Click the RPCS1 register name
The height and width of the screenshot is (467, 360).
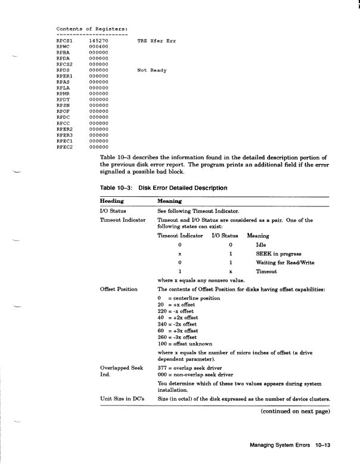tap(64, 41)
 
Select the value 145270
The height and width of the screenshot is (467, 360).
tap(98, 41)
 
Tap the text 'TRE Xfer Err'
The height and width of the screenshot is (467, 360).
tap(156, 41)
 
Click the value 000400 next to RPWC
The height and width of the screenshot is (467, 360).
tap(98, 47)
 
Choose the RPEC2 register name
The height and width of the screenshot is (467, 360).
tap(64, 147)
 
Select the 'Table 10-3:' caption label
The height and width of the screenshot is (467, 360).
tap(117, 187)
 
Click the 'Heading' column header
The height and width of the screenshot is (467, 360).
tap(112, 201)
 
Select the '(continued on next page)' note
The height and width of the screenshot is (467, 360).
tap(295, 410)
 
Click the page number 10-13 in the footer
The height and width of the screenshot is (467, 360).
tap(320, 444)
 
